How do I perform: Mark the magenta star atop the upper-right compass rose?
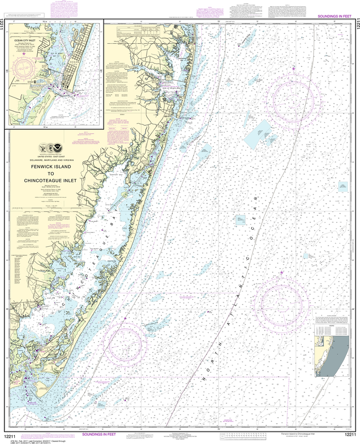pos(294,69)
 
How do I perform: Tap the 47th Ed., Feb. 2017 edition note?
pos(26,440)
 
